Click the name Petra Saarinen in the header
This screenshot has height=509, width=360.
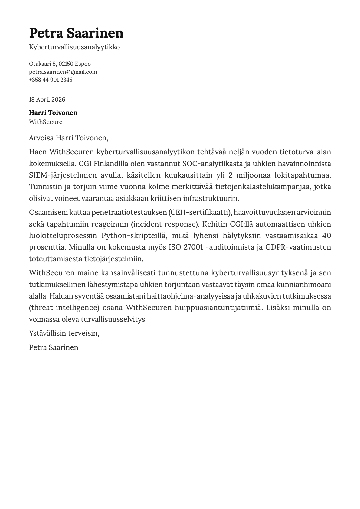pos(76,33)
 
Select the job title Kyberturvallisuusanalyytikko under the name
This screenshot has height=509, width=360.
pos(74,47)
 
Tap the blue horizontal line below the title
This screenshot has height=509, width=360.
pos(180,55)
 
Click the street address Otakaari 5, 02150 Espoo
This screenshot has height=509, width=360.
pos(60,64)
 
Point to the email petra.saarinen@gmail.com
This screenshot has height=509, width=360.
pos(63,72)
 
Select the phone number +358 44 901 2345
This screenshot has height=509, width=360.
pos(51,80)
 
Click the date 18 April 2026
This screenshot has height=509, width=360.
pos(47,100)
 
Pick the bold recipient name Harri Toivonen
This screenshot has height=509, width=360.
pos(53,113)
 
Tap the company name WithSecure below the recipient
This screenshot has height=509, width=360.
pos(46,122)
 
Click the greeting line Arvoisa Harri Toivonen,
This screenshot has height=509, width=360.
pos(68,138)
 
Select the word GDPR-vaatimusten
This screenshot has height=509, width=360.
pos(298,247)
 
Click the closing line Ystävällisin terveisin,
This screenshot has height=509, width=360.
pos(64,333)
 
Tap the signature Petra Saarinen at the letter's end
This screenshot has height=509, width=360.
pos(54,347)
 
